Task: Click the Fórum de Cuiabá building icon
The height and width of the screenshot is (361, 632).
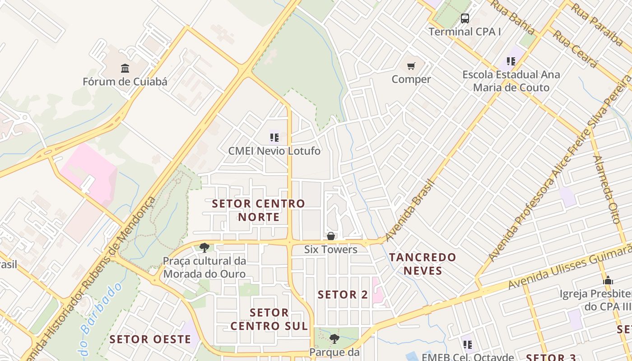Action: pos(125,68)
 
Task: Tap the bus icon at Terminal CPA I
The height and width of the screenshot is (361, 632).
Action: pos(465,19)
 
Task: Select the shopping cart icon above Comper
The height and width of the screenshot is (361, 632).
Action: pos(411,66)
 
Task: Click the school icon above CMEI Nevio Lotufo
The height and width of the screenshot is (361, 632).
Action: pos(274,137)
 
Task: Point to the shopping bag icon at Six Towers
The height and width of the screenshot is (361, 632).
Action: pos(331,236)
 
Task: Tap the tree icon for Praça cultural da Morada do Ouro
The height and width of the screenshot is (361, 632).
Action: pos(204,247)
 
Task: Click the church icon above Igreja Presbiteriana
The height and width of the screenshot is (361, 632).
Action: pos(608,280)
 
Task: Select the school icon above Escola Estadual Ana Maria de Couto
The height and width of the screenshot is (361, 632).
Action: pos(511,61)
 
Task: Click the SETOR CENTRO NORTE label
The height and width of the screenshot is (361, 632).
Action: pos(259,210)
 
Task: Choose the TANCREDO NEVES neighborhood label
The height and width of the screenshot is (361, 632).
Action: pos(423,264)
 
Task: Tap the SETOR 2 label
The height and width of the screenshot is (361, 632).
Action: pos(343,295)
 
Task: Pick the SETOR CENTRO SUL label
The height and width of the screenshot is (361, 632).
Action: pos(269,319)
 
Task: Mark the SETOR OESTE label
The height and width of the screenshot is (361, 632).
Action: pos(150,339)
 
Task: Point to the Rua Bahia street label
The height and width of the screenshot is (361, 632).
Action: pos(513,17)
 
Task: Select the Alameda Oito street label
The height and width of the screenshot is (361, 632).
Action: pos(608,190)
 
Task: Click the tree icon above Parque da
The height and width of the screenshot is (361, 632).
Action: pos(334,338)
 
